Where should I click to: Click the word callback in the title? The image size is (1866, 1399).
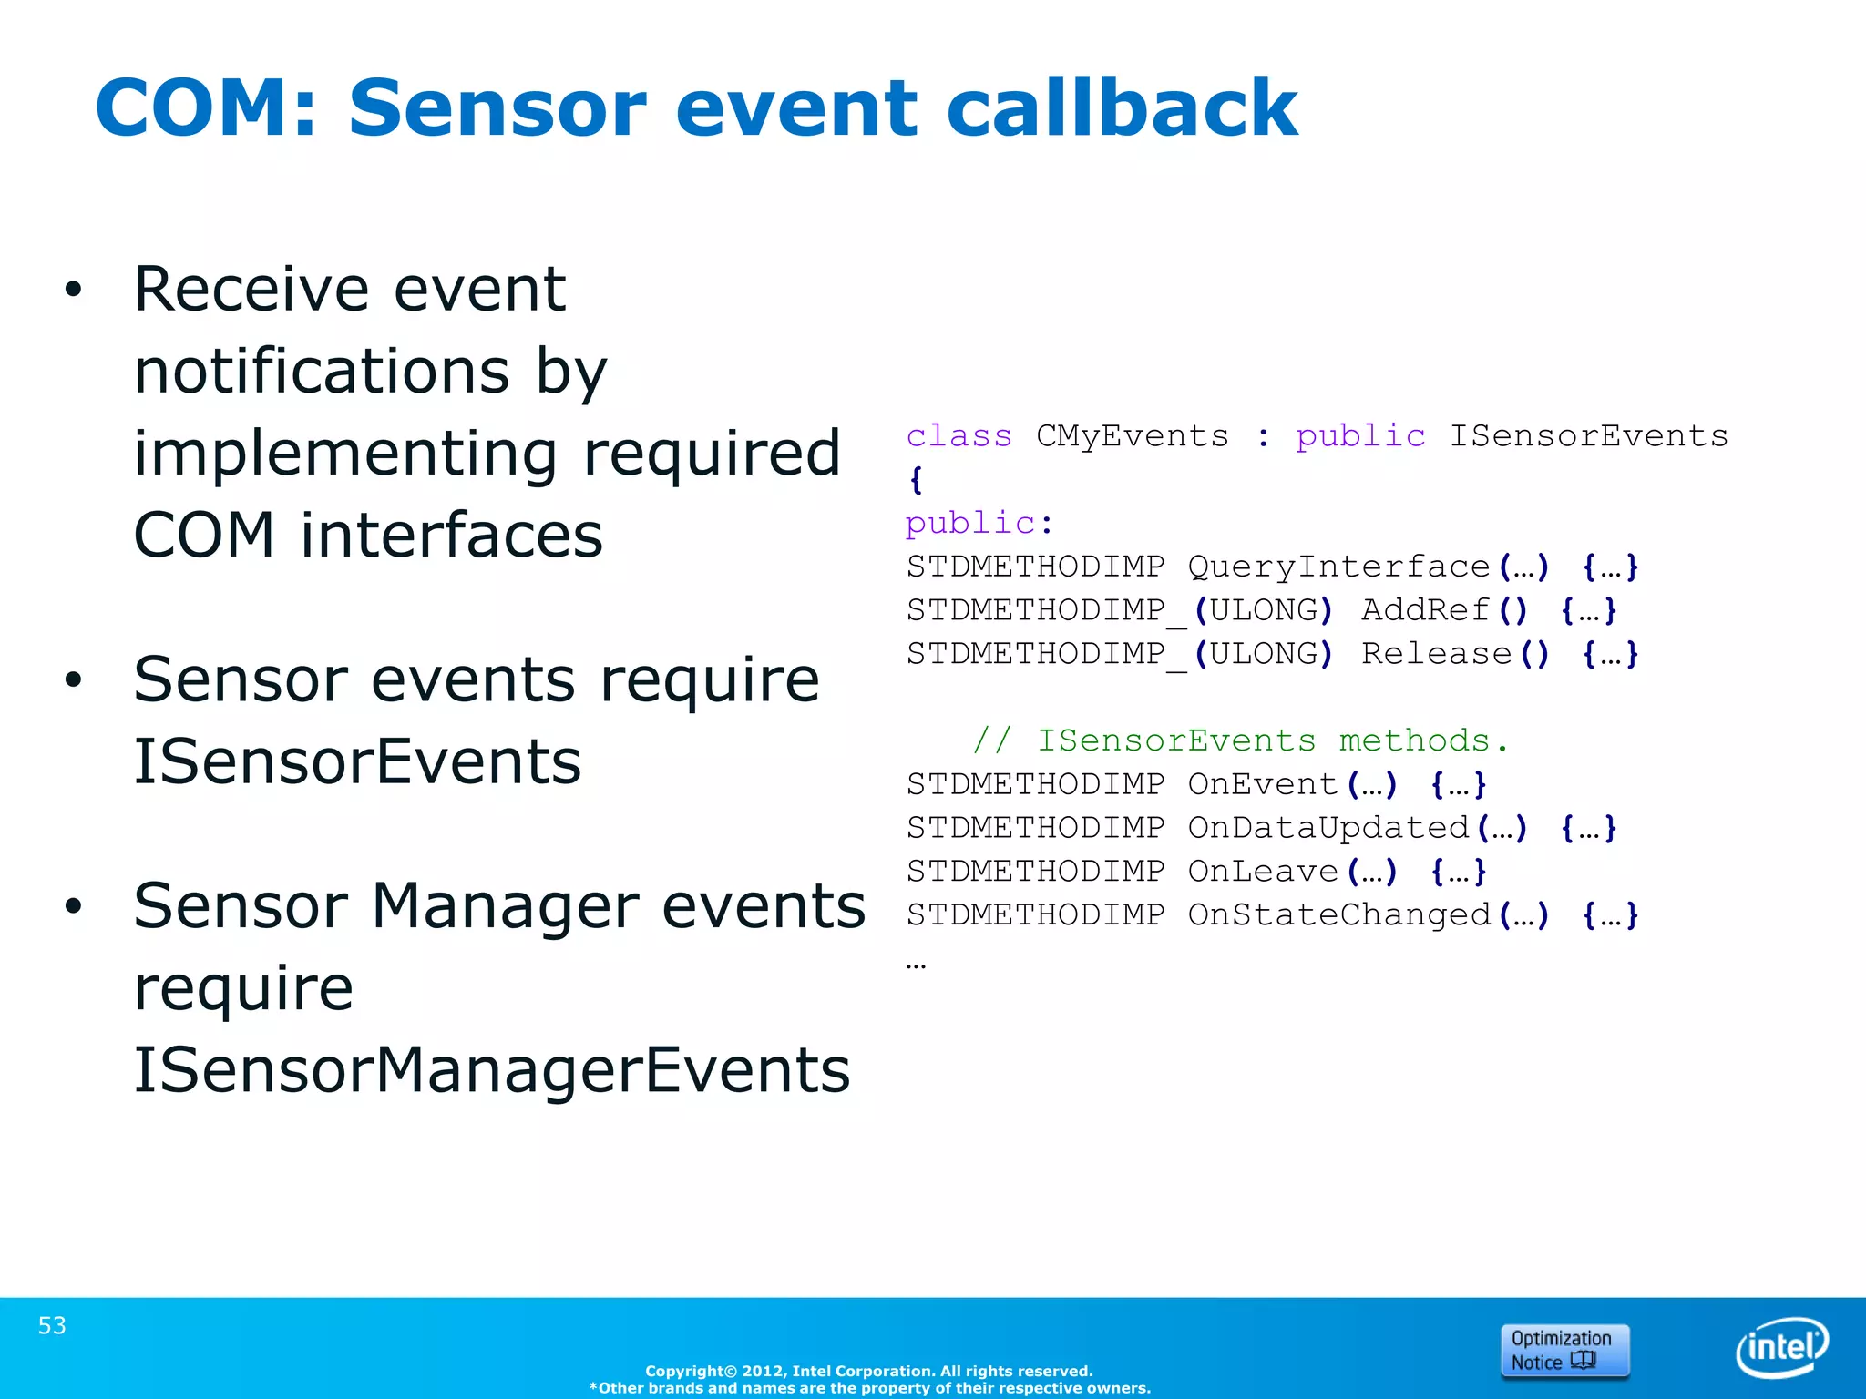click(1121, 107)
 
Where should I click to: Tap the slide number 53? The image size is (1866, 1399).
click(52, 1325)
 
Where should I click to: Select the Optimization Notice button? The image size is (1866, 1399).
click(1564, 1351)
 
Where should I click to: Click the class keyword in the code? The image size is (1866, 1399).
click(959, 436)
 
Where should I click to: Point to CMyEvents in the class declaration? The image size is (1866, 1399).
click(1132, 436)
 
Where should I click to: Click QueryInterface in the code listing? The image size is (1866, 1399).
click(1338, 567)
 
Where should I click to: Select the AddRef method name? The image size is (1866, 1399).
click(1425, 610)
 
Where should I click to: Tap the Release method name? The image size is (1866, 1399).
click(1436, 654)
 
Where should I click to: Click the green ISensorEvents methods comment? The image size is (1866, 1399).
click(1239, 740)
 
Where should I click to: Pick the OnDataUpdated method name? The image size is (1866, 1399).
click(1328, 828)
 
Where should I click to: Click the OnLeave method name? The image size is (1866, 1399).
click(1263, 872)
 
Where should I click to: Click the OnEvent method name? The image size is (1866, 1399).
click(1263, 784)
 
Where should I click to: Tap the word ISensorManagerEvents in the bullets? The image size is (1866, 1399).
click(492, 1069)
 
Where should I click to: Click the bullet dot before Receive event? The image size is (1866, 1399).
click(73, 290)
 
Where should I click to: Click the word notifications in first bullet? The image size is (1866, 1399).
click(322, 372)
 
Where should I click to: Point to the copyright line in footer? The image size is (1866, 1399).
click(868, 1371)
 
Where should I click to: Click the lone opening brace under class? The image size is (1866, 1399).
click(916, 480)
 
